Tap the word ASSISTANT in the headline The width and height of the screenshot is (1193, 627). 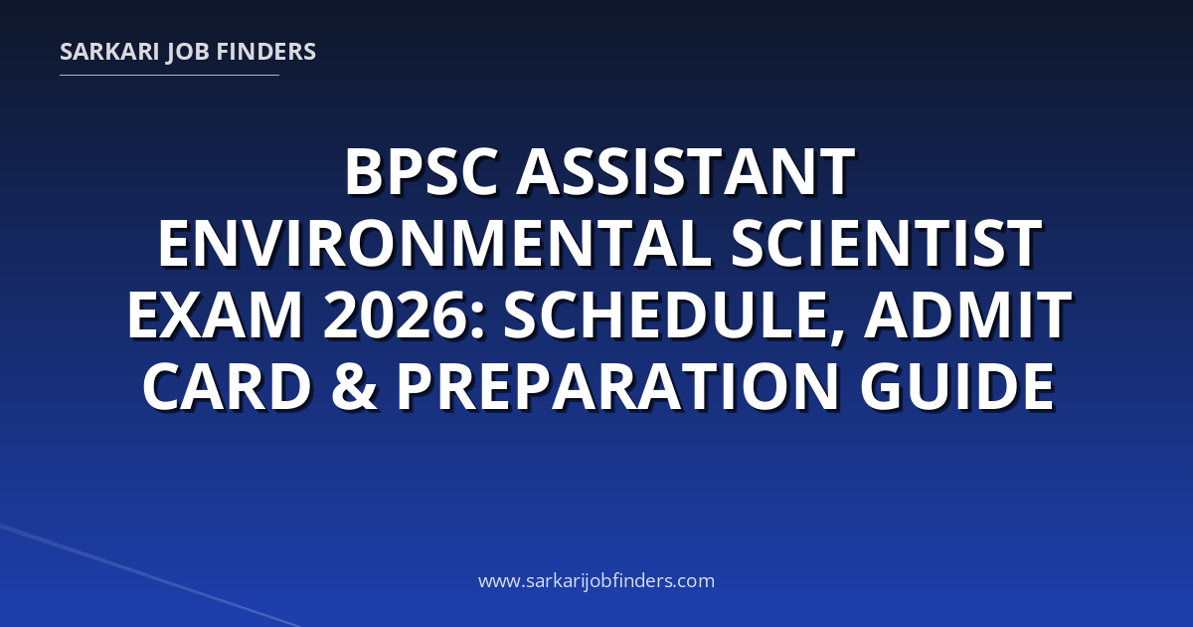[x=686, y=172]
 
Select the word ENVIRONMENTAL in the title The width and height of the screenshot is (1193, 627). [x=434, y=244]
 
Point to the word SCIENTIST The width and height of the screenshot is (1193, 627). [x=886, y=244]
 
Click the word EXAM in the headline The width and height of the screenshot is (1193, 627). [x=215, y=315]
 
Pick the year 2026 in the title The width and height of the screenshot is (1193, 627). [x=398, y=315]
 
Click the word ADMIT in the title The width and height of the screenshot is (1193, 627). [x=967, y=315]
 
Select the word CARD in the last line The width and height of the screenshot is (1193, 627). [x=227, y=386]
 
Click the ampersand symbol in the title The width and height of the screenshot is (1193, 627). [x=355, y=386]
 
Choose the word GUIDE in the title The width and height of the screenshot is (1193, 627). [x=957, y=386]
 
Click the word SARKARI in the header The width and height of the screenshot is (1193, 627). [x=109, y=52]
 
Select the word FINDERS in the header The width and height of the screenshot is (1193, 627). [x=266, y=52]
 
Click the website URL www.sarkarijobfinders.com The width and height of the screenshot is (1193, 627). [x=596, y=580]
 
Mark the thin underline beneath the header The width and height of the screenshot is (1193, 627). [x=169, y=76]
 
